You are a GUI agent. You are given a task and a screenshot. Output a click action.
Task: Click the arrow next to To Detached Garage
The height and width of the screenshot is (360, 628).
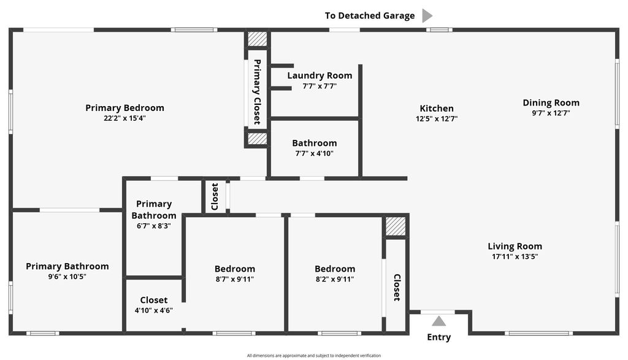pos(427,16)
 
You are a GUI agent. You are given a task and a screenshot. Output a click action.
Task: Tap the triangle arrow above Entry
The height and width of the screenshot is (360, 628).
pos(438,321)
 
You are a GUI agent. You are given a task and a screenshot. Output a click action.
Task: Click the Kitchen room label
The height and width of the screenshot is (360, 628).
pos(437,109)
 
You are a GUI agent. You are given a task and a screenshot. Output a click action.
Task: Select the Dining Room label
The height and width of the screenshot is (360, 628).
pos(551,102)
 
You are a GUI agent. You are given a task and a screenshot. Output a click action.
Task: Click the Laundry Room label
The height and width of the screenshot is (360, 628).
pos(320,75)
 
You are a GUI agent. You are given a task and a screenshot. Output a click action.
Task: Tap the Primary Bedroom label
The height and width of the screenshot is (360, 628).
pos(124,108)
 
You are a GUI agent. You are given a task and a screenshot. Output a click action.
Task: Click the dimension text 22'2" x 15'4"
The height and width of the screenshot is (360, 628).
pos(124,118)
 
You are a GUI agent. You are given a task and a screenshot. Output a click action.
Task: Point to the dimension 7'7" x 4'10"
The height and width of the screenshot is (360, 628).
pos(314,153)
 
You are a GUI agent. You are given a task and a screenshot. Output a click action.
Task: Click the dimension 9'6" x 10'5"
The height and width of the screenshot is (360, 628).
pos(67,277)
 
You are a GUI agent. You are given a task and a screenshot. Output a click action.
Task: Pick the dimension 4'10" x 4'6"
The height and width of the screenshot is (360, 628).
pos(153,310)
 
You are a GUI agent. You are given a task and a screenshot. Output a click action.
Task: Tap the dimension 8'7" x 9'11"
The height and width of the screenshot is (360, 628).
pos(235,279)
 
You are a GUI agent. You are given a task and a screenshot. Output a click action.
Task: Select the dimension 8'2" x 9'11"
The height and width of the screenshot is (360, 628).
pos(335,279)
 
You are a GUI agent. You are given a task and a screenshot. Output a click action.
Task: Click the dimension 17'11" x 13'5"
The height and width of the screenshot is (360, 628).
pos(515,257)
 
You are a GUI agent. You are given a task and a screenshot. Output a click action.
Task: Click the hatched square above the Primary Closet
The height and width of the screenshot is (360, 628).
pos(258,39)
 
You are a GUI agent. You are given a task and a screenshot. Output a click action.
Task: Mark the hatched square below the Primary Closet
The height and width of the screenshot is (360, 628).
pos(258,139)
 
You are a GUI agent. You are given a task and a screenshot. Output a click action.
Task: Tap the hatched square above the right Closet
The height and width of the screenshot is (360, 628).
pos(396,226)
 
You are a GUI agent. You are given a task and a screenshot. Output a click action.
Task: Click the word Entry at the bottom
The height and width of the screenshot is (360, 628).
pos(438,337)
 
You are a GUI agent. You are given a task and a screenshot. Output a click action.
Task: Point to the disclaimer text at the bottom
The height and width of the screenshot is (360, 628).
pos(314,356)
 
